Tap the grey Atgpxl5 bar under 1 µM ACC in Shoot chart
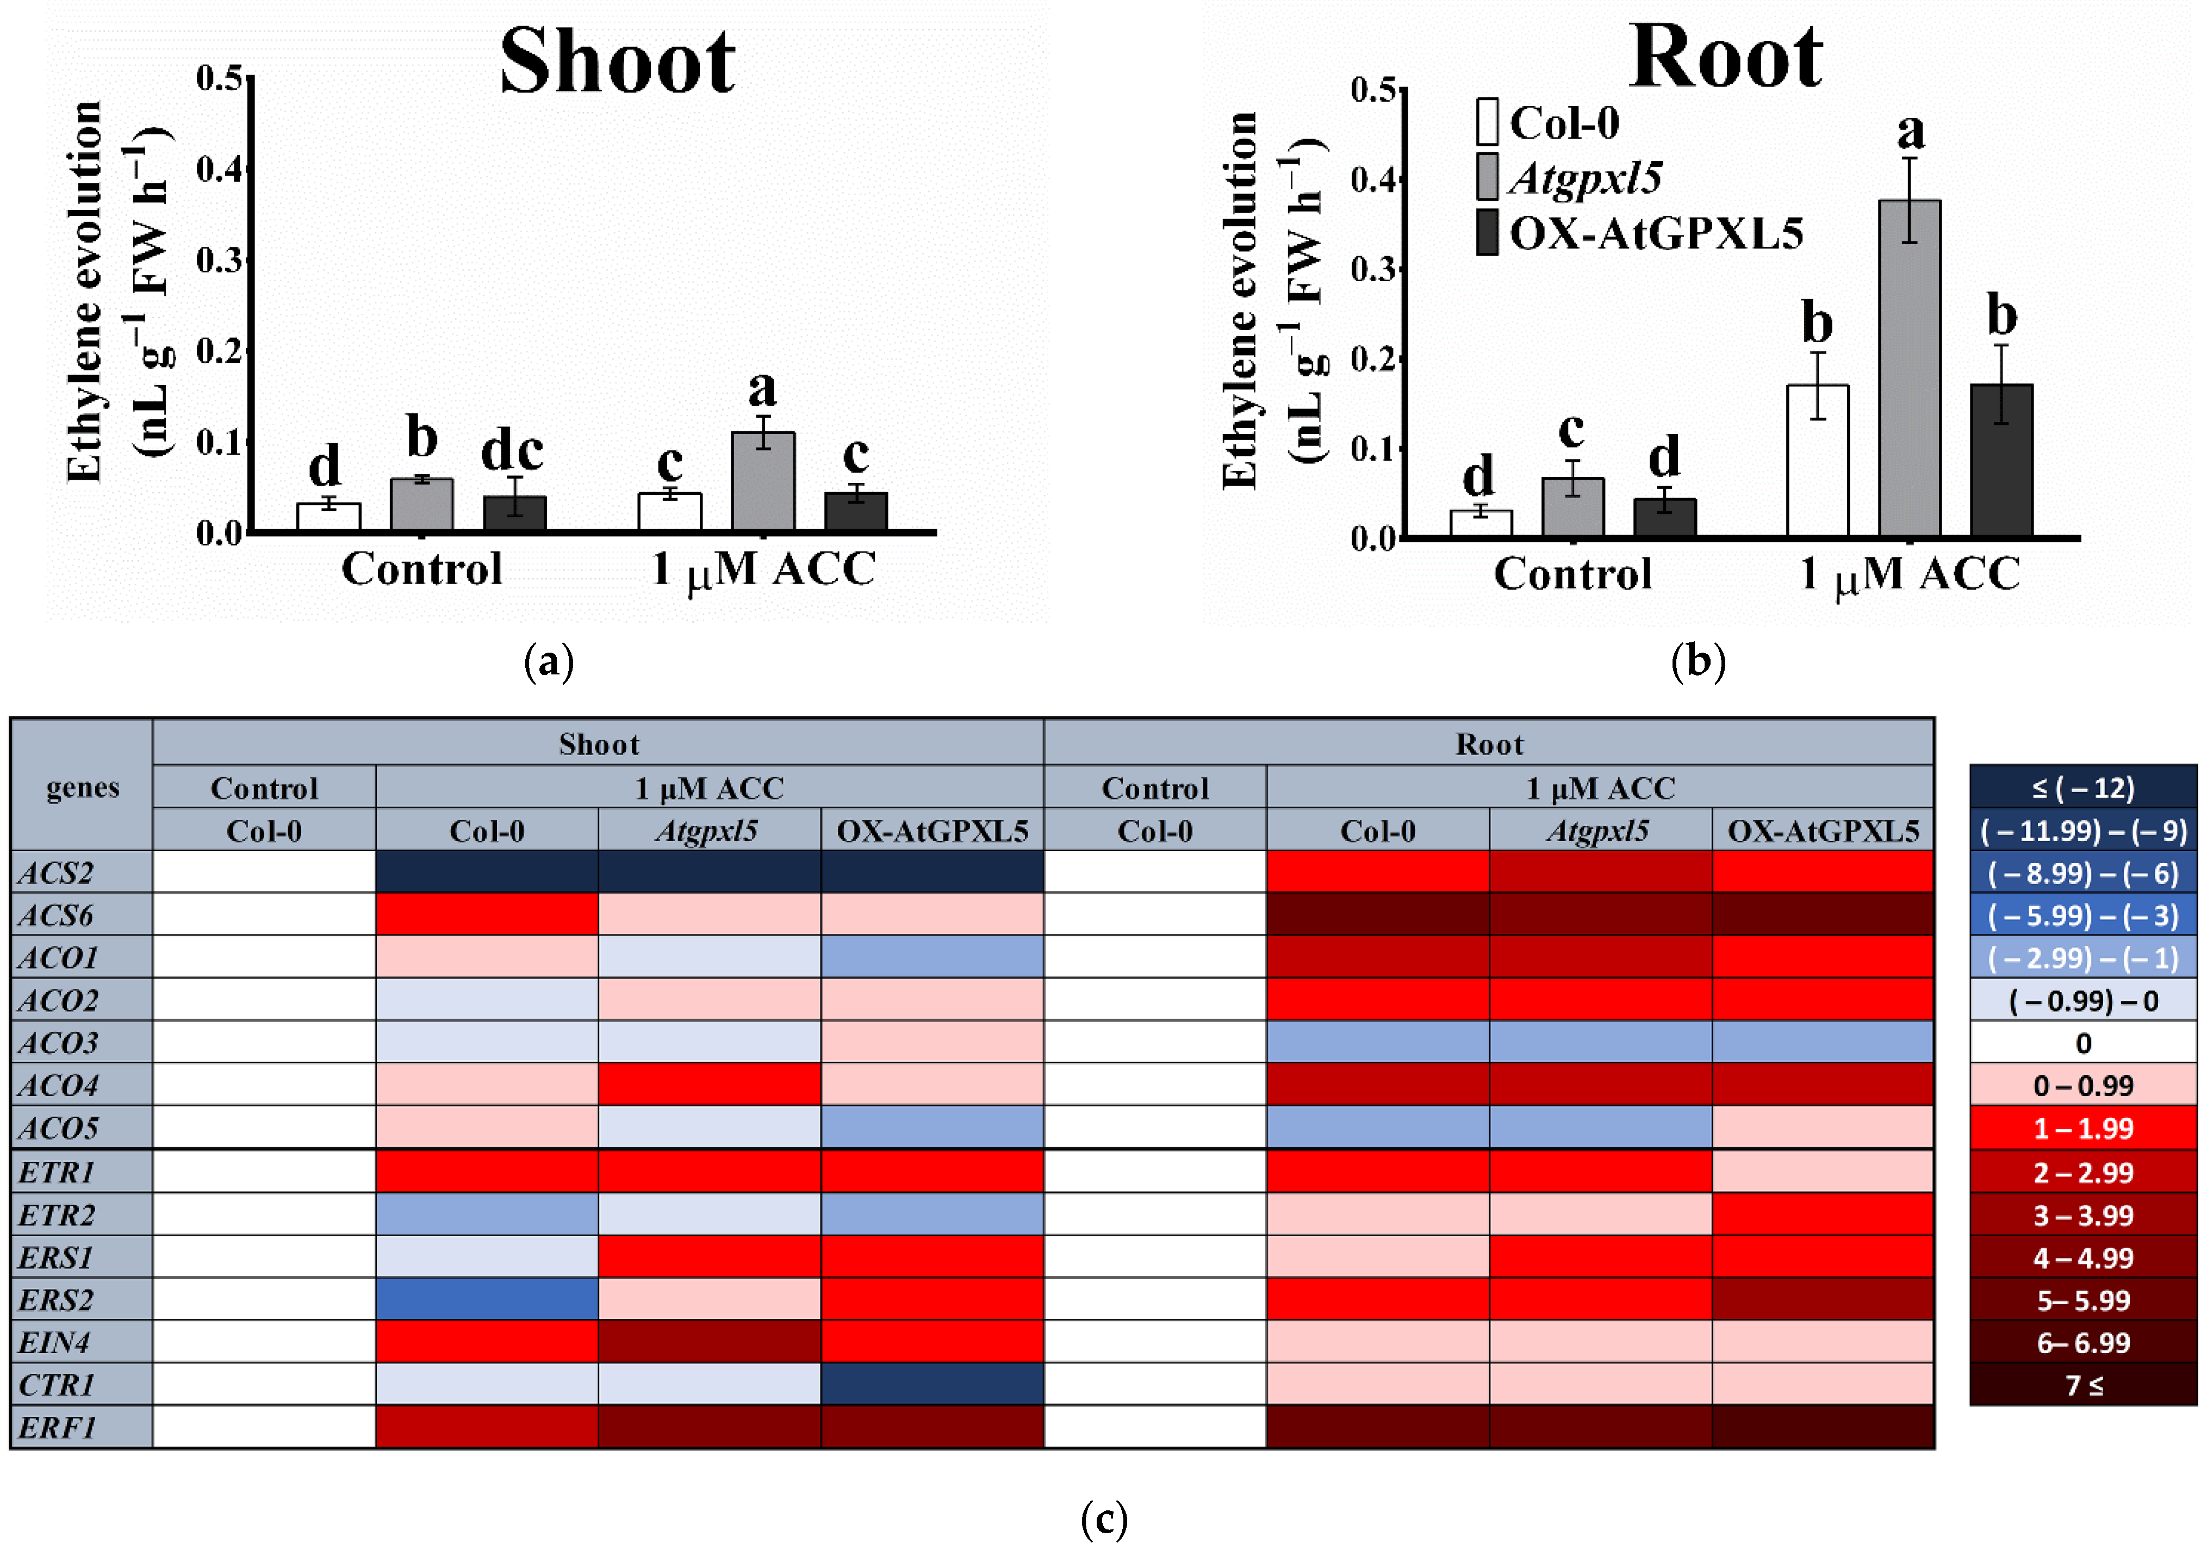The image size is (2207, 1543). tap(763, 481)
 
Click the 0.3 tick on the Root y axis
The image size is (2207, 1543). tap(1372, 269)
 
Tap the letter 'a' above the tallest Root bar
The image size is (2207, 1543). tap(1911, 132)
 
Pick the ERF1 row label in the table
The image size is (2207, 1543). tap(58, 1427)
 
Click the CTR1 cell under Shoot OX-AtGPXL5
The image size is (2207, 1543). tap(931, 1384)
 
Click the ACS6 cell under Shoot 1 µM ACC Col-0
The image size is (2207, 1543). tap(487, 914)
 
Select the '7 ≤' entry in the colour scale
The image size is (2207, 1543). tap(2083, 1385)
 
